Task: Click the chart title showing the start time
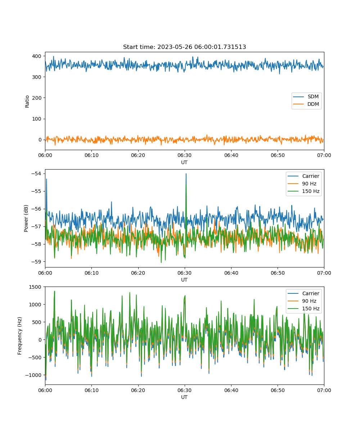[x=184, y=47]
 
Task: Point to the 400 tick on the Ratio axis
[x=37, y=56]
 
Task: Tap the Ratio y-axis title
[x=27, y=102]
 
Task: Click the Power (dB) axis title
[x=26, y=219]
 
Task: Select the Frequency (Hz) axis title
[x=20, y=336]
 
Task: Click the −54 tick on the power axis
[x=36, y=174]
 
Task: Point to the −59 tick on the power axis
[x=36, y=262]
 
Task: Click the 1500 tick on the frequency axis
[x=35, y=287]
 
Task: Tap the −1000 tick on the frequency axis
[x=33, y=375]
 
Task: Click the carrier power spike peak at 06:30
[x=186, y=174]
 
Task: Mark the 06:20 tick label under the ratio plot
[x=138, y=155]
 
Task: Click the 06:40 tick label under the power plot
[x=231, y=273]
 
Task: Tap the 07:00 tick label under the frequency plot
[x=324, y=390]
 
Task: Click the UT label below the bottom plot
[x=184, y=397]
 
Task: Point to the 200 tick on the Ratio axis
[x=37, y=98]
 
